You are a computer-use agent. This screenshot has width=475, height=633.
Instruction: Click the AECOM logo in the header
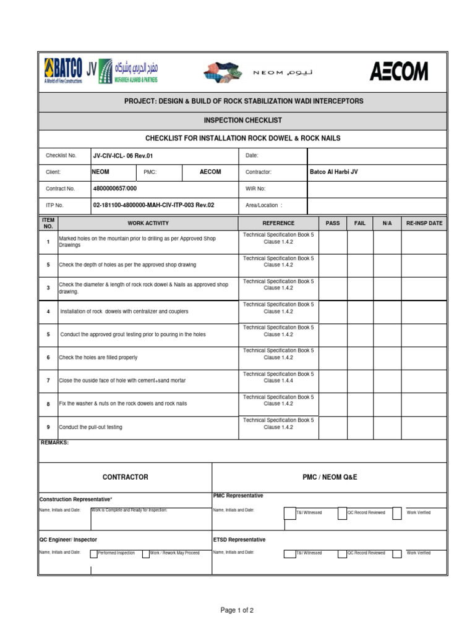click(398, 72)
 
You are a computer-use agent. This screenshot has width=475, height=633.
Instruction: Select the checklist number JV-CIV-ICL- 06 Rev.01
click(122, 156)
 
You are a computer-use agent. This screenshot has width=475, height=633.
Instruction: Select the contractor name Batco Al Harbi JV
click(333, 172)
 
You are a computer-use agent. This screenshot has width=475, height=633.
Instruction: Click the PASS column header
click(333, 223)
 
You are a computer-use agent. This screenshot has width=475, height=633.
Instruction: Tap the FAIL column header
click(360, 223)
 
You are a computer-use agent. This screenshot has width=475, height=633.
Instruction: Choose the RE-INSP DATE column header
click(424, 223)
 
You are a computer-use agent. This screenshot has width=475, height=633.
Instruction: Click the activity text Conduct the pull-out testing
click(90, 427)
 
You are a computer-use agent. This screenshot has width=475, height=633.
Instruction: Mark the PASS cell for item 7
click(333, 380)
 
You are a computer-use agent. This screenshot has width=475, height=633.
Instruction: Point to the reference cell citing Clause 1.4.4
click(278, 378)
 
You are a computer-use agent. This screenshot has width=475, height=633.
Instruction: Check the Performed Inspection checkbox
click(93, 553)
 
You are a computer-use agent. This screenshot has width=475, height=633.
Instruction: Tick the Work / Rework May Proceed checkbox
click(146, 553)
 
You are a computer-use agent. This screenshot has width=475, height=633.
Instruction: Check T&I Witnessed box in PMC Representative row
click(289, 512)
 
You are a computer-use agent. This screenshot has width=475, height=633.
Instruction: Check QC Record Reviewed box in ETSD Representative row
click(342, 553)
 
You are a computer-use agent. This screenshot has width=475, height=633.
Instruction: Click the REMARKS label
click(54, 443)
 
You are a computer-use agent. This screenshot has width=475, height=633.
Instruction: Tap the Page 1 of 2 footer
click(237, 610)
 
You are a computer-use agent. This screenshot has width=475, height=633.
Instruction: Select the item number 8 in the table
click(48, 404)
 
